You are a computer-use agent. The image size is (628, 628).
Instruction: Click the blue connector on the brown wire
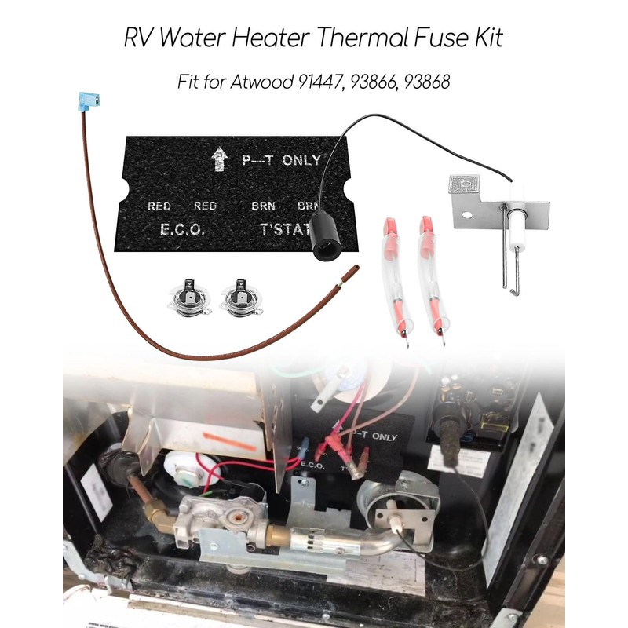pos(87,101)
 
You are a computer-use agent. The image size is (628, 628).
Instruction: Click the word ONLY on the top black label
pos(301,160)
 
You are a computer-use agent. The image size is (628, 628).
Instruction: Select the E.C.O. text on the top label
pos(182,231)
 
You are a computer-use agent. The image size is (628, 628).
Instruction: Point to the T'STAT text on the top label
pos(283,231)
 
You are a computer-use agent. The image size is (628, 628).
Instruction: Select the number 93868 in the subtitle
pos(424,82)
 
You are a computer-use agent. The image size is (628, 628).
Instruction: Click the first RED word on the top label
pos(159,206)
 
